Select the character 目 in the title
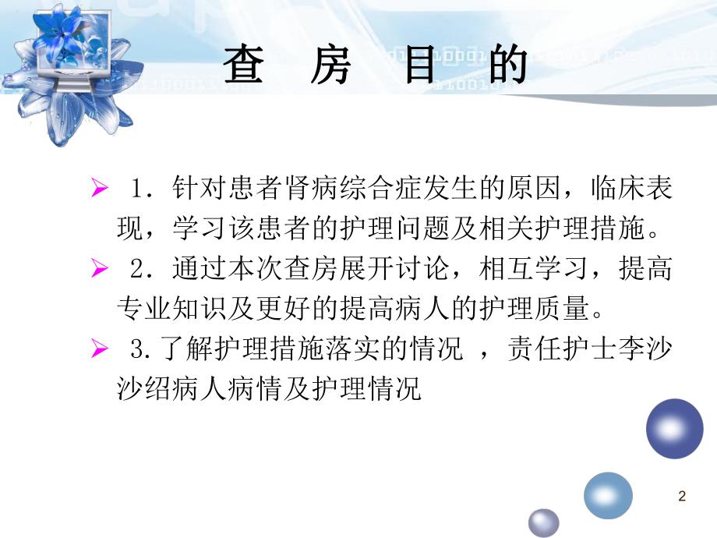pos(420,65)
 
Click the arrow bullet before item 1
pos(99,189)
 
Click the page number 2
pos(683,497)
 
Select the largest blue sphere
pos(674,428)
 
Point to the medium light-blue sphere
pos(608,495)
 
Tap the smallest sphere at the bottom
pos(544,522)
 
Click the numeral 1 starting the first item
pos(140,190)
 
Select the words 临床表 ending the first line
pos(632,190)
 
